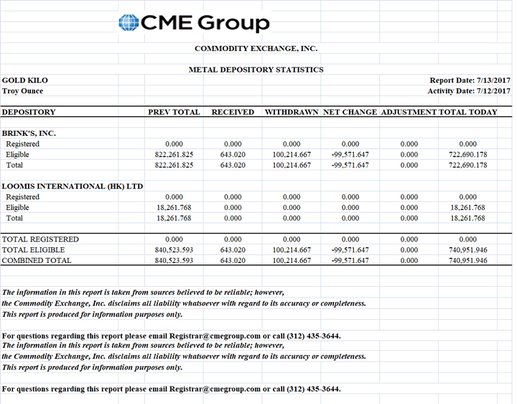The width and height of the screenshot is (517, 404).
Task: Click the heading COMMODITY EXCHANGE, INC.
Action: pos(256,49)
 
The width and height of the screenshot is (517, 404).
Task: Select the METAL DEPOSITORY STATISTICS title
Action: pos(256,70)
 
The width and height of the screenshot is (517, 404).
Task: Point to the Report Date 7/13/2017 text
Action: pos(470,81)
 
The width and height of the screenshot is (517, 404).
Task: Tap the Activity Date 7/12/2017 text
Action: pos(468,91)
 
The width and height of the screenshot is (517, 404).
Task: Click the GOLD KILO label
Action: pos(25,81)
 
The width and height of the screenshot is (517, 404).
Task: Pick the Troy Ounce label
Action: pos(23,91)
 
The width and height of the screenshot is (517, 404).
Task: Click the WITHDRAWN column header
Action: pos(292,112)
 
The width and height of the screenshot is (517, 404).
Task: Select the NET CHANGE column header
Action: pos(350,112)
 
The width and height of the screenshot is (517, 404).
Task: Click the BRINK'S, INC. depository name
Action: pos(29,133)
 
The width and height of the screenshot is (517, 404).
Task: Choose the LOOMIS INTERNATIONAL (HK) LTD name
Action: pos(73,186)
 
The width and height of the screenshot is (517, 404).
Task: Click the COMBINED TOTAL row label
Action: pos(37,260)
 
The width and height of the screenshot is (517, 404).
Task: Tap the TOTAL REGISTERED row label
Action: pos(40,239)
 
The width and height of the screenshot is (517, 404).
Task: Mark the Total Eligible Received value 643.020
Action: pos(233,249)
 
